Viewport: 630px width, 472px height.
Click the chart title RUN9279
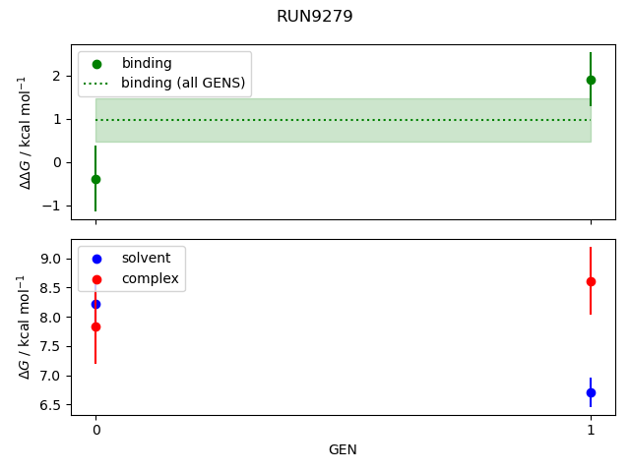click(315, 16)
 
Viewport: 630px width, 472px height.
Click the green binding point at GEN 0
click(95, 179)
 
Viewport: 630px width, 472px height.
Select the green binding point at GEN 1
click(591, 80)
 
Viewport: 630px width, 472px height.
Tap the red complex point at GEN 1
click(591, 281)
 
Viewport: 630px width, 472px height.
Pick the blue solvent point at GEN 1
click(591, 392)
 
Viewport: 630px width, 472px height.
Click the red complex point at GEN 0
click(95, 326)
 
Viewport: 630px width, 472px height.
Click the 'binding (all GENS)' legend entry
click(182, 83)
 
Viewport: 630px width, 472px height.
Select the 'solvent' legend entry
click(146, 258)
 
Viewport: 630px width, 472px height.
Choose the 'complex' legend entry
click(150, 278)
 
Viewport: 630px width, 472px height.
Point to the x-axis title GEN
click(343, 449)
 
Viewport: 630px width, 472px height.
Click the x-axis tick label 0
click(95, 430)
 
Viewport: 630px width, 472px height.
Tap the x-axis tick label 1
click(591, 430)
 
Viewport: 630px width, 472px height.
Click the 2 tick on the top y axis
click(56, 76)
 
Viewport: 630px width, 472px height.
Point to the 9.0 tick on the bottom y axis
click(50, 259)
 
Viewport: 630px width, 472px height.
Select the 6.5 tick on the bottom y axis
click(50, 405)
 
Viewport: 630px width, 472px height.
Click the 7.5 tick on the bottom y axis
click(50, 346)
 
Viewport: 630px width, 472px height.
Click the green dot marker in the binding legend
click(96, 63)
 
